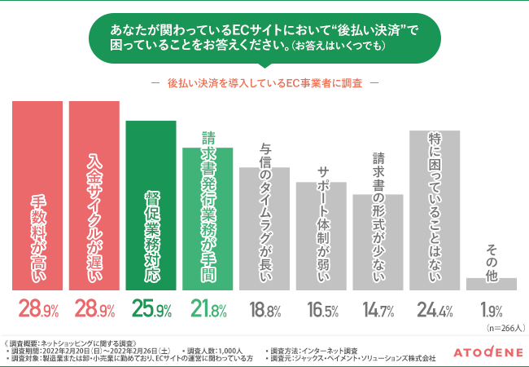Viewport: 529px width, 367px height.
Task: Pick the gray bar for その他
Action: click(x=491, y=284)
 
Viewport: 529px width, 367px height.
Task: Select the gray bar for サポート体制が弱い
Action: click(x=321, y=237)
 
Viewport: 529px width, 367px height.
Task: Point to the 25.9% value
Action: click(x=151, y=310)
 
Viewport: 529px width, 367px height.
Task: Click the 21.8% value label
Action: click(x=208, y=310)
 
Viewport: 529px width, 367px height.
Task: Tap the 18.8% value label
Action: click(x=264, y=310)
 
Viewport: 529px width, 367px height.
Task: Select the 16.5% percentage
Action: click(x=321, y=310)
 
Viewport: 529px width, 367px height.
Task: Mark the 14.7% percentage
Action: click(x=378, y=310)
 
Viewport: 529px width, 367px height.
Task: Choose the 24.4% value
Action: click(x=435, y=310)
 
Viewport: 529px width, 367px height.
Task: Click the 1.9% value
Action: click(x=491, y=310)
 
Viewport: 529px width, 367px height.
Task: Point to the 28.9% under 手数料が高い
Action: click(x=37, y=310)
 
